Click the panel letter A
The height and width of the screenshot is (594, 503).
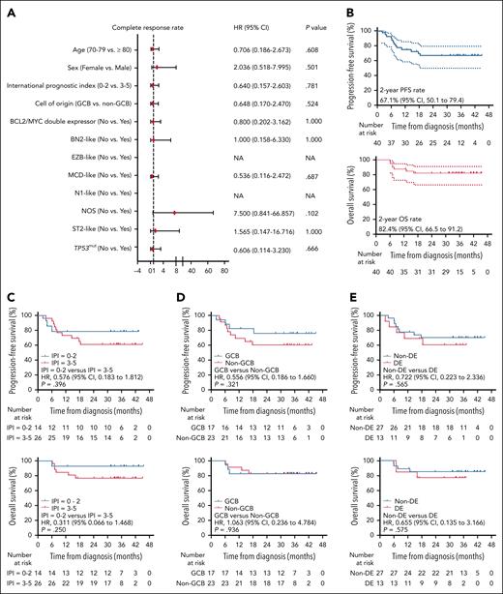(x=8, y=8)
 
